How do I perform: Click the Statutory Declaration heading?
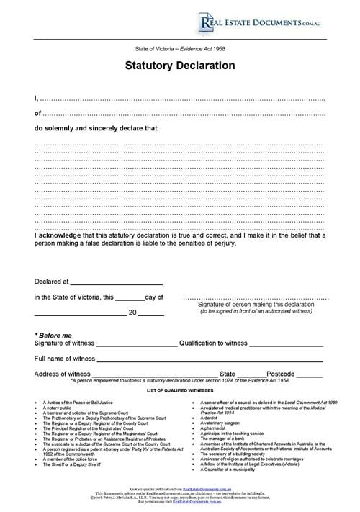click(x=180, y=65)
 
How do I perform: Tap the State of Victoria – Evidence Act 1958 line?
click(x=180, y=48)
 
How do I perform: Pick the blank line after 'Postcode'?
click(x=309, y=376)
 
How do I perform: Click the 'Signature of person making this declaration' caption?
click(x=256, y=305)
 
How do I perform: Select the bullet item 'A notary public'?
click(x=63, y=407)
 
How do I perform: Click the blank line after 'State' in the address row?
click(x=251, y=376)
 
